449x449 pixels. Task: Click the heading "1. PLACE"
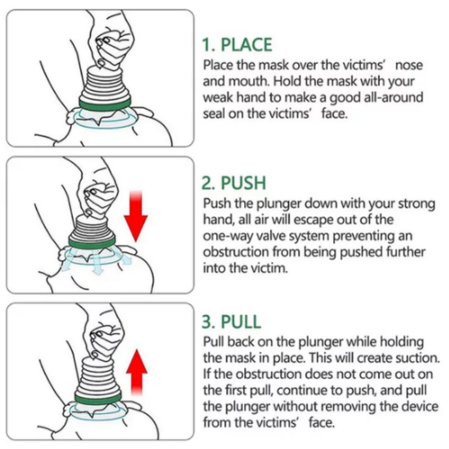pyautogui.click(x=237, y=45)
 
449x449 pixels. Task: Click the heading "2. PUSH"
pyautogui.click(x=234, y=183)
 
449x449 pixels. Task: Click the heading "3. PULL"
pyautogui.click(x=232, y=322)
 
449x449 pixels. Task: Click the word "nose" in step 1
pyautogui.click(x=409, y=66)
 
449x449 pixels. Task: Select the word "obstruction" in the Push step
pyautogui.click(x=235, y=252)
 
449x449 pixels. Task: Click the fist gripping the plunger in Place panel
pyautogui.click(x=112, y=46)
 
